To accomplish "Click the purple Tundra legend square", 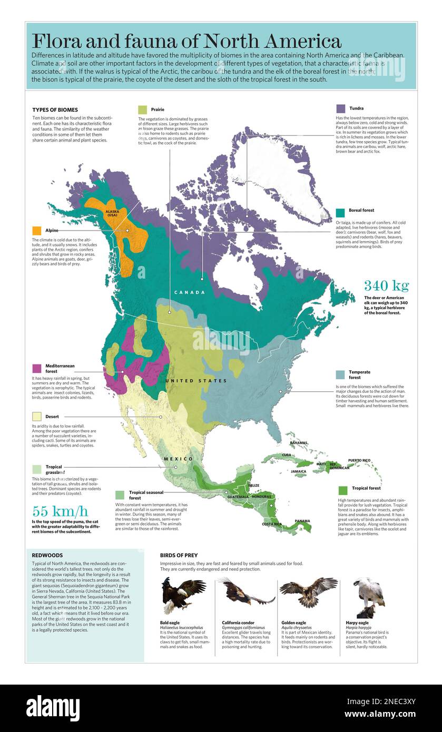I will pyautogui.click(x=340, y=108).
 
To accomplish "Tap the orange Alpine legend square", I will pyautogui.click(x=37, y=231).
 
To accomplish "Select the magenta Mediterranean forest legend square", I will pyautogui.click(x=37, y=368).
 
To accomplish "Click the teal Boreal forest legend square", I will pyautogui.click(x=340, y=212).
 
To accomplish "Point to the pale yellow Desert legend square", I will pyautogui.click(x=37, y=417).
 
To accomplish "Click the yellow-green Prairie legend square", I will pyautogui.click(x=143, y=110).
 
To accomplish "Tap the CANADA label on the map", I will pyautogui.click(x=190, y=292).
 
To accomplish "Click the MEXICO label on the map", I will pyautogui.click(x=178, y=459).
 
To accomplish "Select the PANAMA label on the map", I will pyautogui.click(x=302, y=521).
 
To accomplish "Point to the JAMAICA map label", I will pyautogui.click(x=298, y=471).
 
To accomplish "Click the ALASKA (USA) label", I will pyautogui.click(x=112, y=213).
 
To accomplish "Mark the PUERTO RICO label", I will pyautogui.click(x=359, y=460).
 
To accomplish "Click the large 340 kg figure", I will pyautogui.click(x=386, y=286).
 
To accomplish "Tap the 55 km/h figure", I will pyautogui.click(x=60, y=511).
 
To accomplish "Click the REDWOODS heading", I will pyautogui.click(x=47, y=555).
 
